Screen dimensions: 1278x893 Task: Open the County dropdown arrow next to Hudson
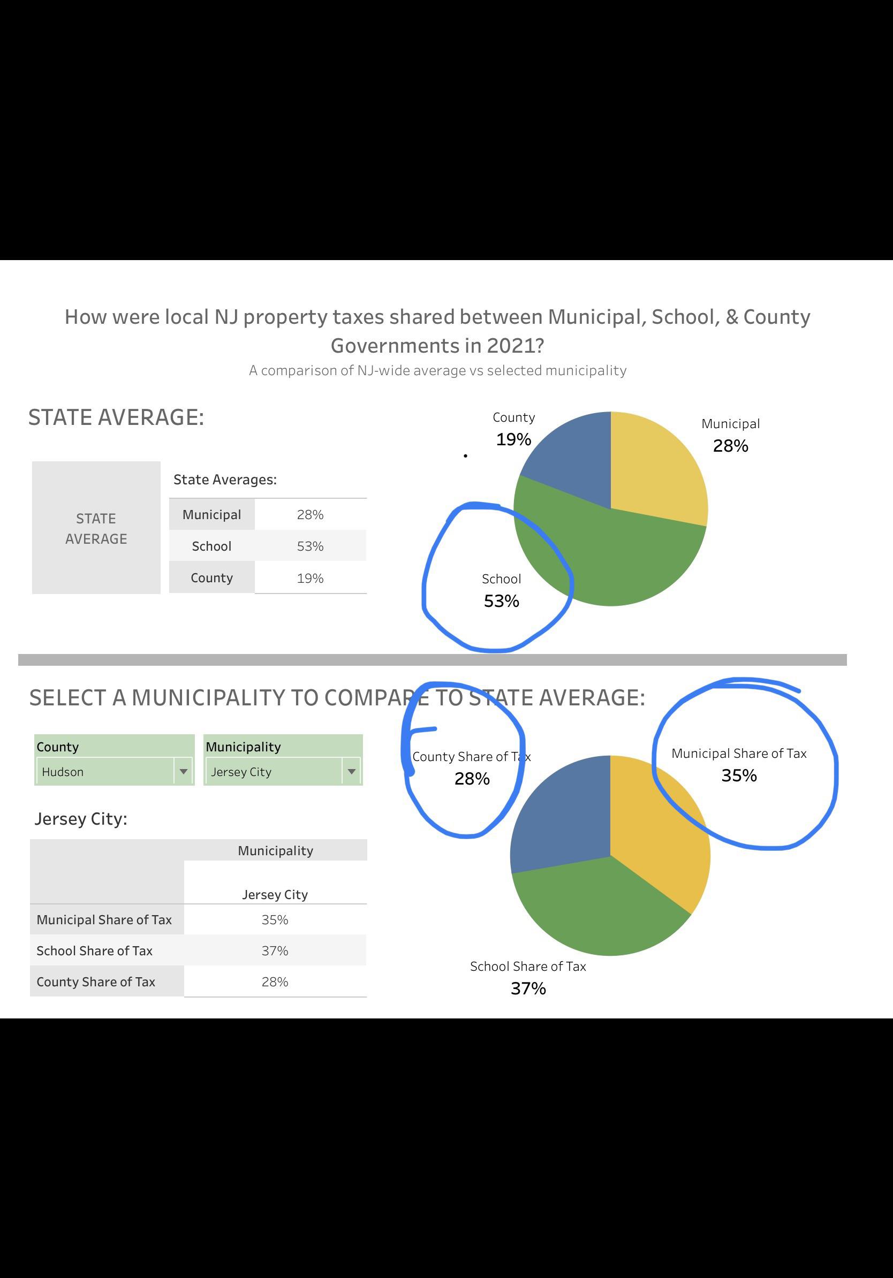(x=183, y=772)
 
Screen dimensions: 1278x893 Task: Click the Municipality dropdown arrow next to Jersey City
(x=351, y=772)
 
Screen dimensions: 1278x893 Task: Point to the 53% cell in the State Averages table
(x=310, y=546)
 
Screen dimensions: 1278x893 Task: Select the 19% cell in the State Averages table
(x=310, y=579)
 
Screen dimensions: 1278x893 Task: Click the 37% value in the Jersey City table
(x=275, y=950)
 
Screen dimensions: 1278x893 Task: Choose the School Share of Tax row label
(x=95, y=950)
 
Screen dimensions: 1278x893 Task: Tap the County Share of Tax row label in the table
(x=96, y=982)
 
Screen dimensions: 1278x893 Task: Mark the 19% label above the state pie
(x=513, y=439)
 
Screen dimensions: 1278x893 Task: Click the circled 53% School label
(x=501, y=600)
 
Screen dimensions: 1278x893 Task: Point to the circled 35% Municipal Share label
(x=739, y=775)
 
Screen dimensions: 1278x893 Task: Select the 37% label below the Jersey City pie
(x=528, y=988)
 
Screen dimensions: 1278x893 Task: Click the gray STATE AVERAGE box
(x=96, y=528)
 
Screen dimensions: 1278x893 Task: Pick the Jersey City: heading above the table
(x=81, y=819)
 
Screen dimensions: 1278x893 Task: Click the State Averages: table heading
(x=225, y=480)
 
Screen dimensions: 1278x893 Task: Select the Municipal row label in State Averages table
(x=211, y=515)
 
